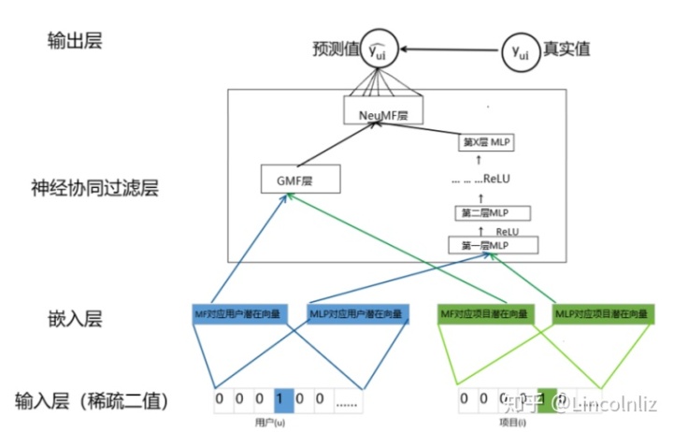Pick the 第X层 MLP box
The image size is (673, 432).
(x=487, y=144)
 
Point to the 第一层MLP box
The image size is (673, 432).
(x=494, y=246)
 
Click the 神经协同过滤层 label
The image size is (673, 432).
(x=94, y=188)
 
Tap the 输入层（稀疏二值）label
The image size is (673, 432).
(x=91, y=401)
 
